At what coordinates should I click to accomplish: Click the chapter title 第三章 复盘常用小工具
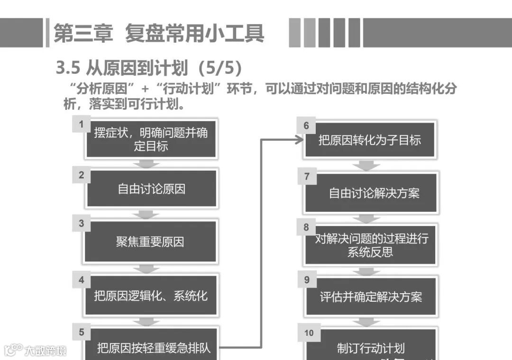158,33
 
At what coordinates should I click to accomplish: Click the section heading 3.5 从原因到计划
149,68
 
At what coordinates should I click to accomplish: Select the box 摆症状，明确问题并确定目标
151,140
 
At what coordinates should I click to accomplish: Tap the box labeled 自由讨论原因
151,189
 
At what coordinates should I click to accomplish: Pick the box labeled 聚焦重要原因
150,242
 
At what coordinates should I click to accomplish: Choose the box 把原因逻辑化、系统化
151,296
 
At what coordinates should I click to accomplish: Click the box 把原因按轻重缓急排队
154,348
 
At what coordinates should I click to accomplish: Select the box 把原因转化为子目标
370,140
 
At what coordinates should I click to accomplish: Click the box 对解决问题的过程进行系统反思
371,245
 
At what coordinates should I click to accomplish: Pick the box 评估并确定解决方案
371,297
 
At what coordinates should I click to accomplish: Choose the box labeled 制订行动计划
371,349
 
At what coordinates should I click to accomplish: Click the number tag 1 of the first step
81,125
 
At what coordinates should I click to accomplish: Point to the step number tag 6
306,125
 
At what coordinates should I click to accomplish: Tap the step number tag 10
309,333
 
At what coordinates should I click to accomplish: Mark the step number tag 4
81,279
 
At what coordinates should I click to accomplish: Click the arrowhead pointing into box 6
299,140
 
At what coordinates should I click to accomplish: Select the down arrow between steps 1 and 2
146,164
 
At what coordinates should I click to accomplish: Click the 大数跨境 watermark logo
35,350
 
